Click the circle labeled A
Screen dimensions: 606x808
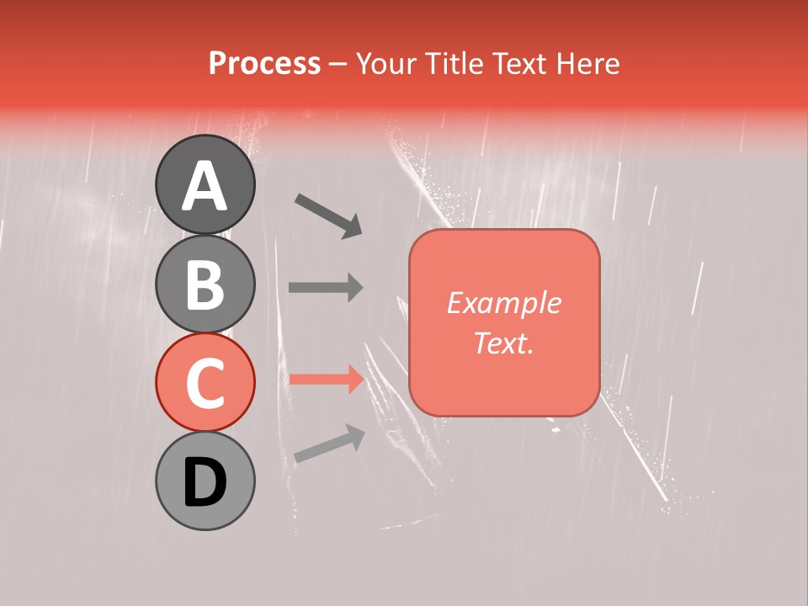[205, 184]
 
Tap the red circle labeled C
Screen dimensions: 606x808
[205, 382]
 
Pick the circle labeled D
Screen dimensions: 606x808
[205, 481]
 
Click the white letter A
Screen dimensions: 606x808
[205, 186]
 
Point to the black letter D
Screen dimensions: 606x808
[205, 482]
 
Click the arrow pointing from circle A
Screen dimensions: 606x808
[329, 215]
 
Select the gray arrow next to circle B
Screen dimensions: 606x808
[327, 287]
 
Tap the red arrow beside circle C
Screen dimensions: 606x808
[327, 380]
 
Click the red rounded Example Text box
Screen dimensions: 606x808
[504, 322]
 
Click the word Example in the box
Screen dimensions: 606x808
[503, 303]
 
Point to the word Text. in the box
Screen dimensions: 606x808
[503, 343]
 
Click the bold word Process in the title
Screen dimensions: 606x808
[264, 63]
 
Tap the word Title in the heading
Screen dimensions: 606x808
[452, 63]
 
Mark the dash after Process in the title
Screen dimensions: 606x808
[338, 65]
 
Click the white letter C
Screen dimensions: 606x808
[205, 384]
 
